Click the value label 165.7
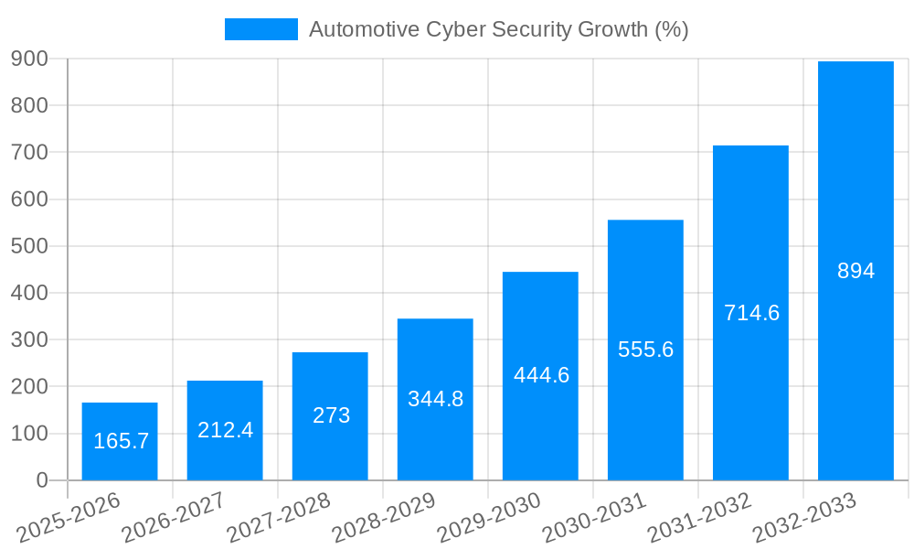[x=122, y=441]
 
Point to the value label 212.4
[x=225, y=429]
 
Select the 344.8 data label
[x=435, y=399]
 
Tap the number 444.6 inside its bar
[x=541, y=375]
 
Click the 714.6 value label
[x=751, y=313]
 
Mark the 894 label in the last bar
[x=856, y=271]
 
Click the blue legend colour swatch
[x=261, y=29]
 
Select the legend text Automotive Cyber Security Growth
[x=498, y=29]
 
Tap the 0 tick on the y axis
[x=42, y=480]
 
